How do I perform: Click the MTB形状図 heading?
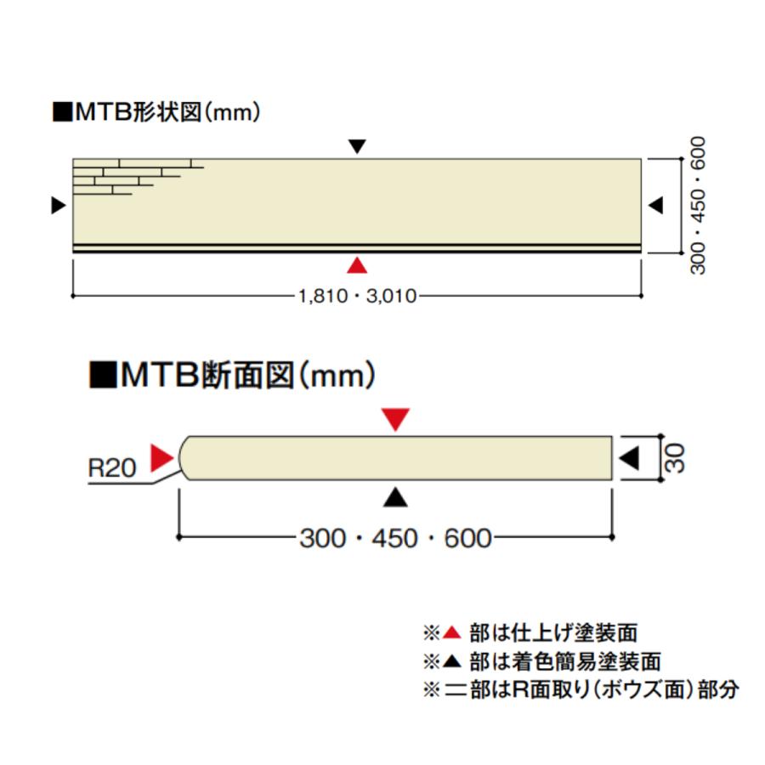(156, 112)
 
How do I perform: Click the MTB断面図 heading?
(232, 375)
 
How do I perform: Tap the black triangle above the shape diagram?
(357, 146)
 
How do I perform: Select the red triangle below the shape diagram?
(357, 265)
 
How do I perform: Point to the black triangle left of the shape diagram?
(58, 206)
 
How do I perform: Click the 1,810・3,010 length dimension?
(357, 296)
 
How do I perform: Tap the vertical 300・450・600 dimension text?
(698, 206)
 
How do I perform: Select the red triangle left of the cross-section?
(161, 457)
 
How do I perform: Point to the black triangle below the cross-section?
(395, 497)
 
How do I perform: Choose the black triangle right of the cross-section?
(629, 458)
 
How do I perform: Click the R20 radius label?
(111, 467)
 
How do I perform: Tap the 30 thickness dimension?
(675, 458)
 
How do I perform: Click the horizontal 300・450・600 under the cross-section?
(395, 538)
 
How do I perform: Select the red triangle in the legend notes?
(452, 632)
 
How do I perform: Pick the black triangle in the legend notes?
(452, 661)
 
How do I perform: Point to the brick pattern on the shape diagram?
(138, 177)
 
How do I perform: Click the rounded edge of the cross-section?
(182, 458)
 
